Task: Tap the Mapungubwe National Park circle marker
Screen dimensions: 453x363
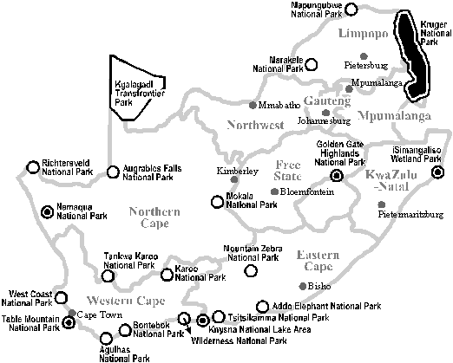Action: (x=351, y=9)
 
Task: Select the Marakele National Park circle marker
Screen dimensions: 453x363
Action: (x=312, y=65)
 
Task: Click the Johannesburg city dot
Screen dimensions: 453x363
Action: (x=326, y=113)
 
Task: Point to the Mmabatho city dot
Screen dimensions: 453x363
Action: (x=253, y=105)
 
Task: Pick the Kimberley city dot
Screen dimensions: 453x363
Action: (x=234, y=179)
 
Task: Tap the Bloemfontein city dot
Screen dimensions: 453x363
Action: (x=274, y=191)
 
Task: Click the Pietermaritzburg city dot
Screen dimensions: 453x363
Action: (x=382, y=204)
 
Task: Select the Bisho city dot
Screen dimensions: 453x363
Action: (x=303, y=286)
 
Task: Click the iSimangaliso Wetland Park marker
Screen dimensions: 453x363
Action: (x=437, y=172)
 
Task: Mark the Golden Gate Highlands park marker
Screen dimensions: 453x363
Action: (x=337, y=175)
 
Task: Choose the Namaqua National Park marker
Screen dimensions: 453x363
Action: (x=47, y=212)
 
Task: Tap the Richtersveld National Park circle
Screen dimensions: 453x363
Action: (x=33, y=167)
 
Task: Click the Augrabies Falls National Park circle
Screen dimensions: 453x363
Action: (x=113, y=172)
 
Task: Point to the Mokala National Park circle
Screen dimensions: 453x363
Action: (x=217, y=202)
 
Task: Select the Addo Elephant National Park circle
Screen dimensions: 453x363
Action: (x=262, y=307)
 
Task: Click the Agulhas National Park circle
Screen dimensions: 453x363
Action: (x=106, y=338)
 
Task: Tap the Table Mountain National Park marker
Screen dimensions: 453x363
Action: (x=69, y=322)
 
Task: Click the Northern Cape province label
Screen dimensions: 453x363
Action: (x=154, y=217)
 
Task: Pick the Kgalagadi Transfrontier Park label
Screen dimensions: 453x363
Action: (x=140, y=94)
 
